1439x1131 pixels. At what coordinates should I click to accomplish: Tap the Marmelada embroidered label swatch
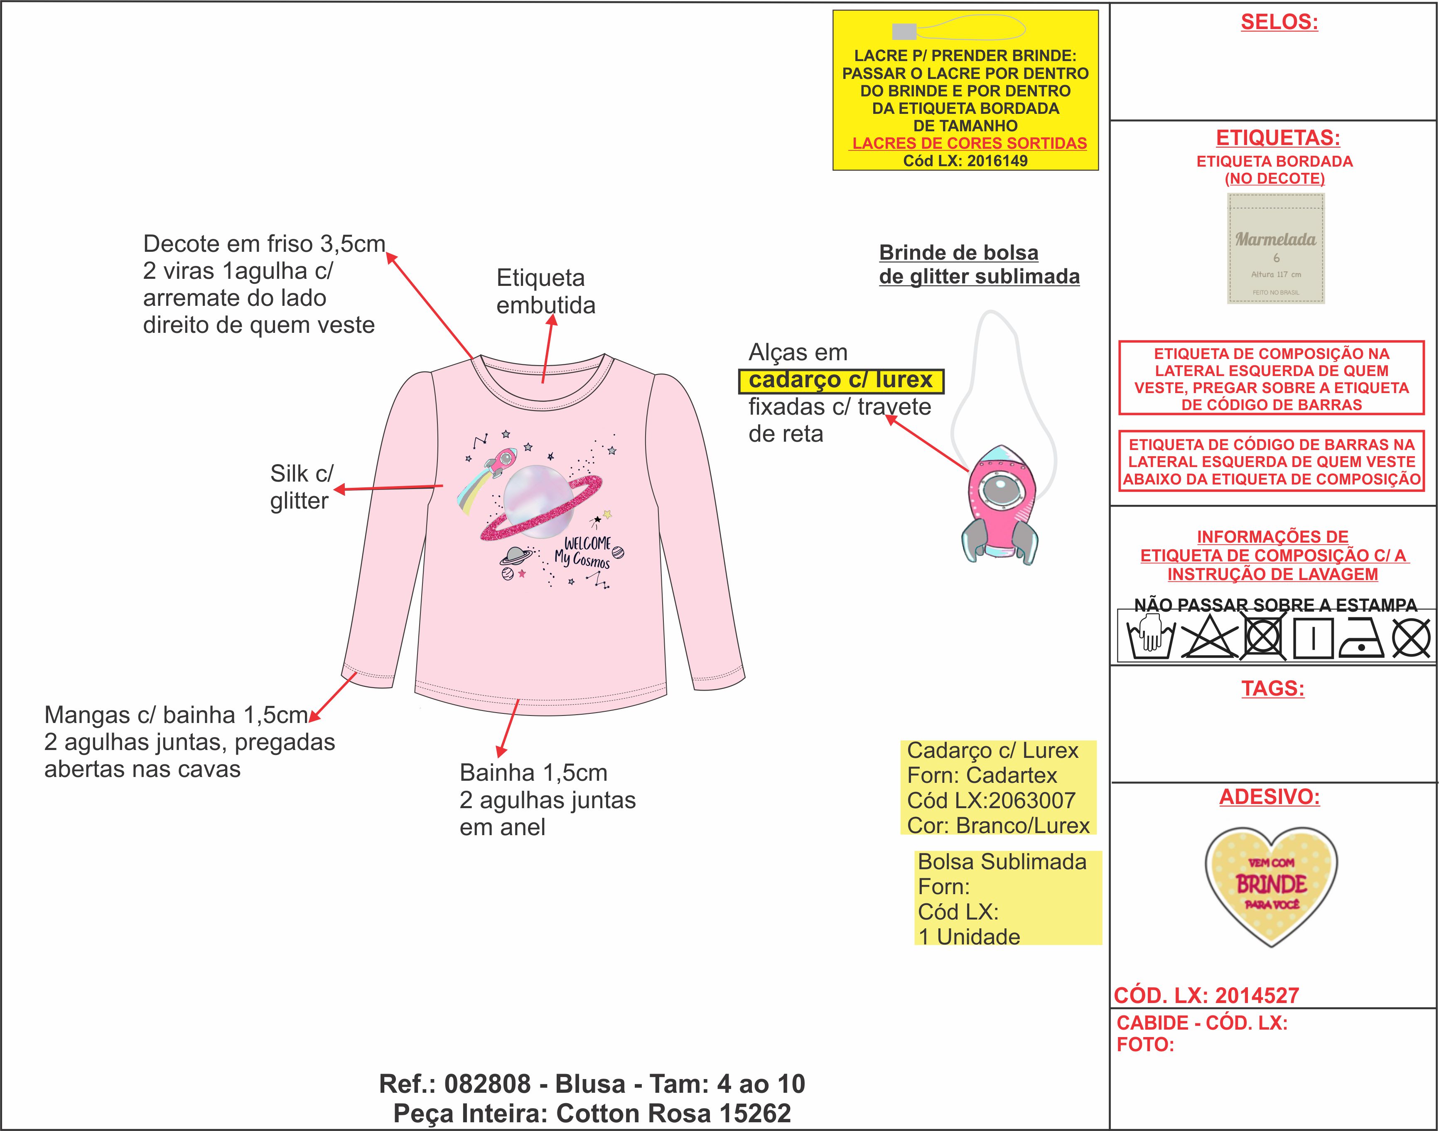tap(1275, 248)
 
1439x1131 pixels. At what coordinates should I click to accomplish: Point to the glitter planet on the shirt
tap(538, 503)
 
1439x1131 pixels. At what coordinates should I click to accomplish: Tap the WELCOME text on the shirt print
tap(588, 543)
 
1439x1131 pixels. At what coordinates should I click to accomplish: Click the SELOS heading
tap(1279, 22)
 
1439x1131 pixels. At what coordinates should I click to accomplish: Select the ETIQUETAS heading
tap(1277, 138)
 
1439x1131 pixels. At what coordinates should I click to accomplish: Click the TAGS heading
tap(1272, 688)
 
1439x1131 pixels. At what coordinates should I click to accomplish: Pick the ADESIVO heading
tap(1270, 797)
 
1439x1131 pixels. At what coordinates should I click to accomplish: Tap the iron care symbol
tap(1362, 638)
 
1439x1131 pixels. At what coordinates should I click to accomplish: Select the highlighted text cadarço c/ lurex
tap(841, 380)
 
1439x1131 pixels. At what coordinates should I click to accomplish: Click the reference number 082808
tap(487, 1084)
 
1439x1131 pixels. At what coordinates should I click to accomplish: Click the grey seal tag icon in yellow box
tap(904, 31)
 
